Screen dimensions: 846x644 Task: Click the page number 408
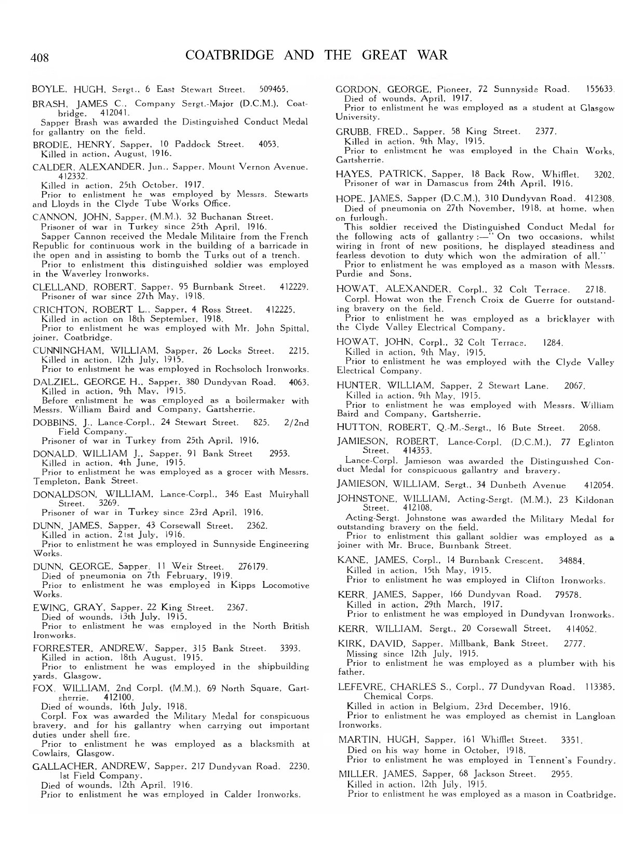(x=40, y=57)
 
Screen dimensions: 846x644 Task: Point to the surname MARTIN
(x=356, y=740)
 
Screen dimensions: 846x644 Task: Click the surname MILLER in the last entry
(x=356, y=774)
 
